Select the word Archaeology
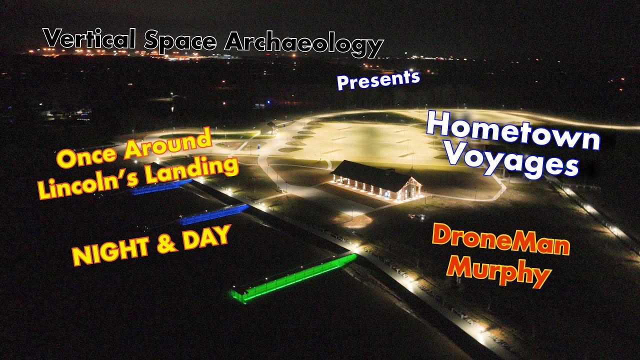[303, 44]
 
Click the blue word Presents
[378, 79]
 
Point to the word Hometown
[513, 130]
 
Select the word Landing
[192, 169]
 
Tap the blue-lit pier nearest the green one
[215, 214]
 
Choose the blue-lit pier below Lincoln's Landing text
[160, 187]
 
